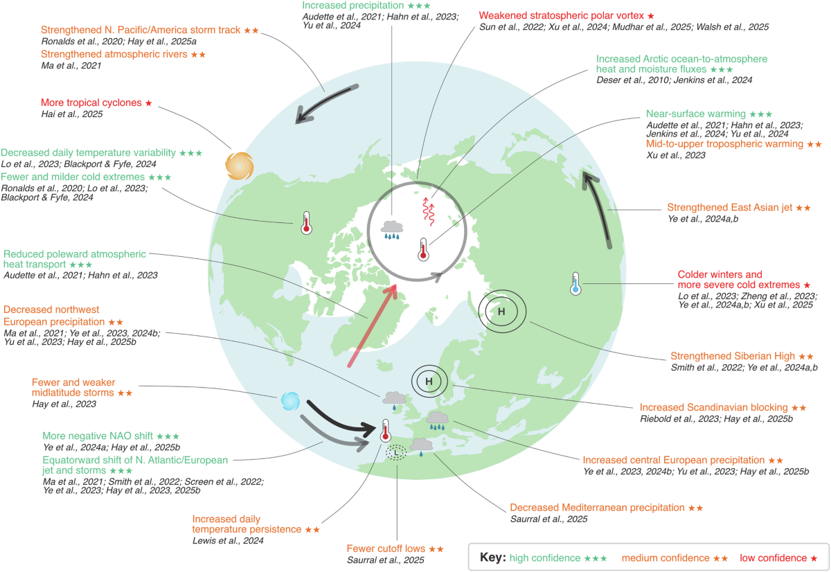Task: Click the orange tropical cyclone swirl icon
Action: [240, 167]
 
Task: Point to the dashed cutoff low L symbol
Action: [396, 453]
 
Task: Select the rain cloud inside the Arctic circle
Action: [393, 229]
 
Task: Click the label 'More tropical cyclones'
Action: [91, 102]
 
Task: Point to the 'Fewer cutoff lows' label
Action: [385, 548]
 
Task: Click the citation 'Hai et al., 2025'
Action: [71, 114]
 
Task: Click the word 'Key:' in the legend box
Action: [493, 557]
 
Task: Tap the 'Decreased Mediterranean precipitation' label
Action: [598, 508]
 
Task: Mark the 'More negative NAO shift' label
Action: [98, 436]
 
